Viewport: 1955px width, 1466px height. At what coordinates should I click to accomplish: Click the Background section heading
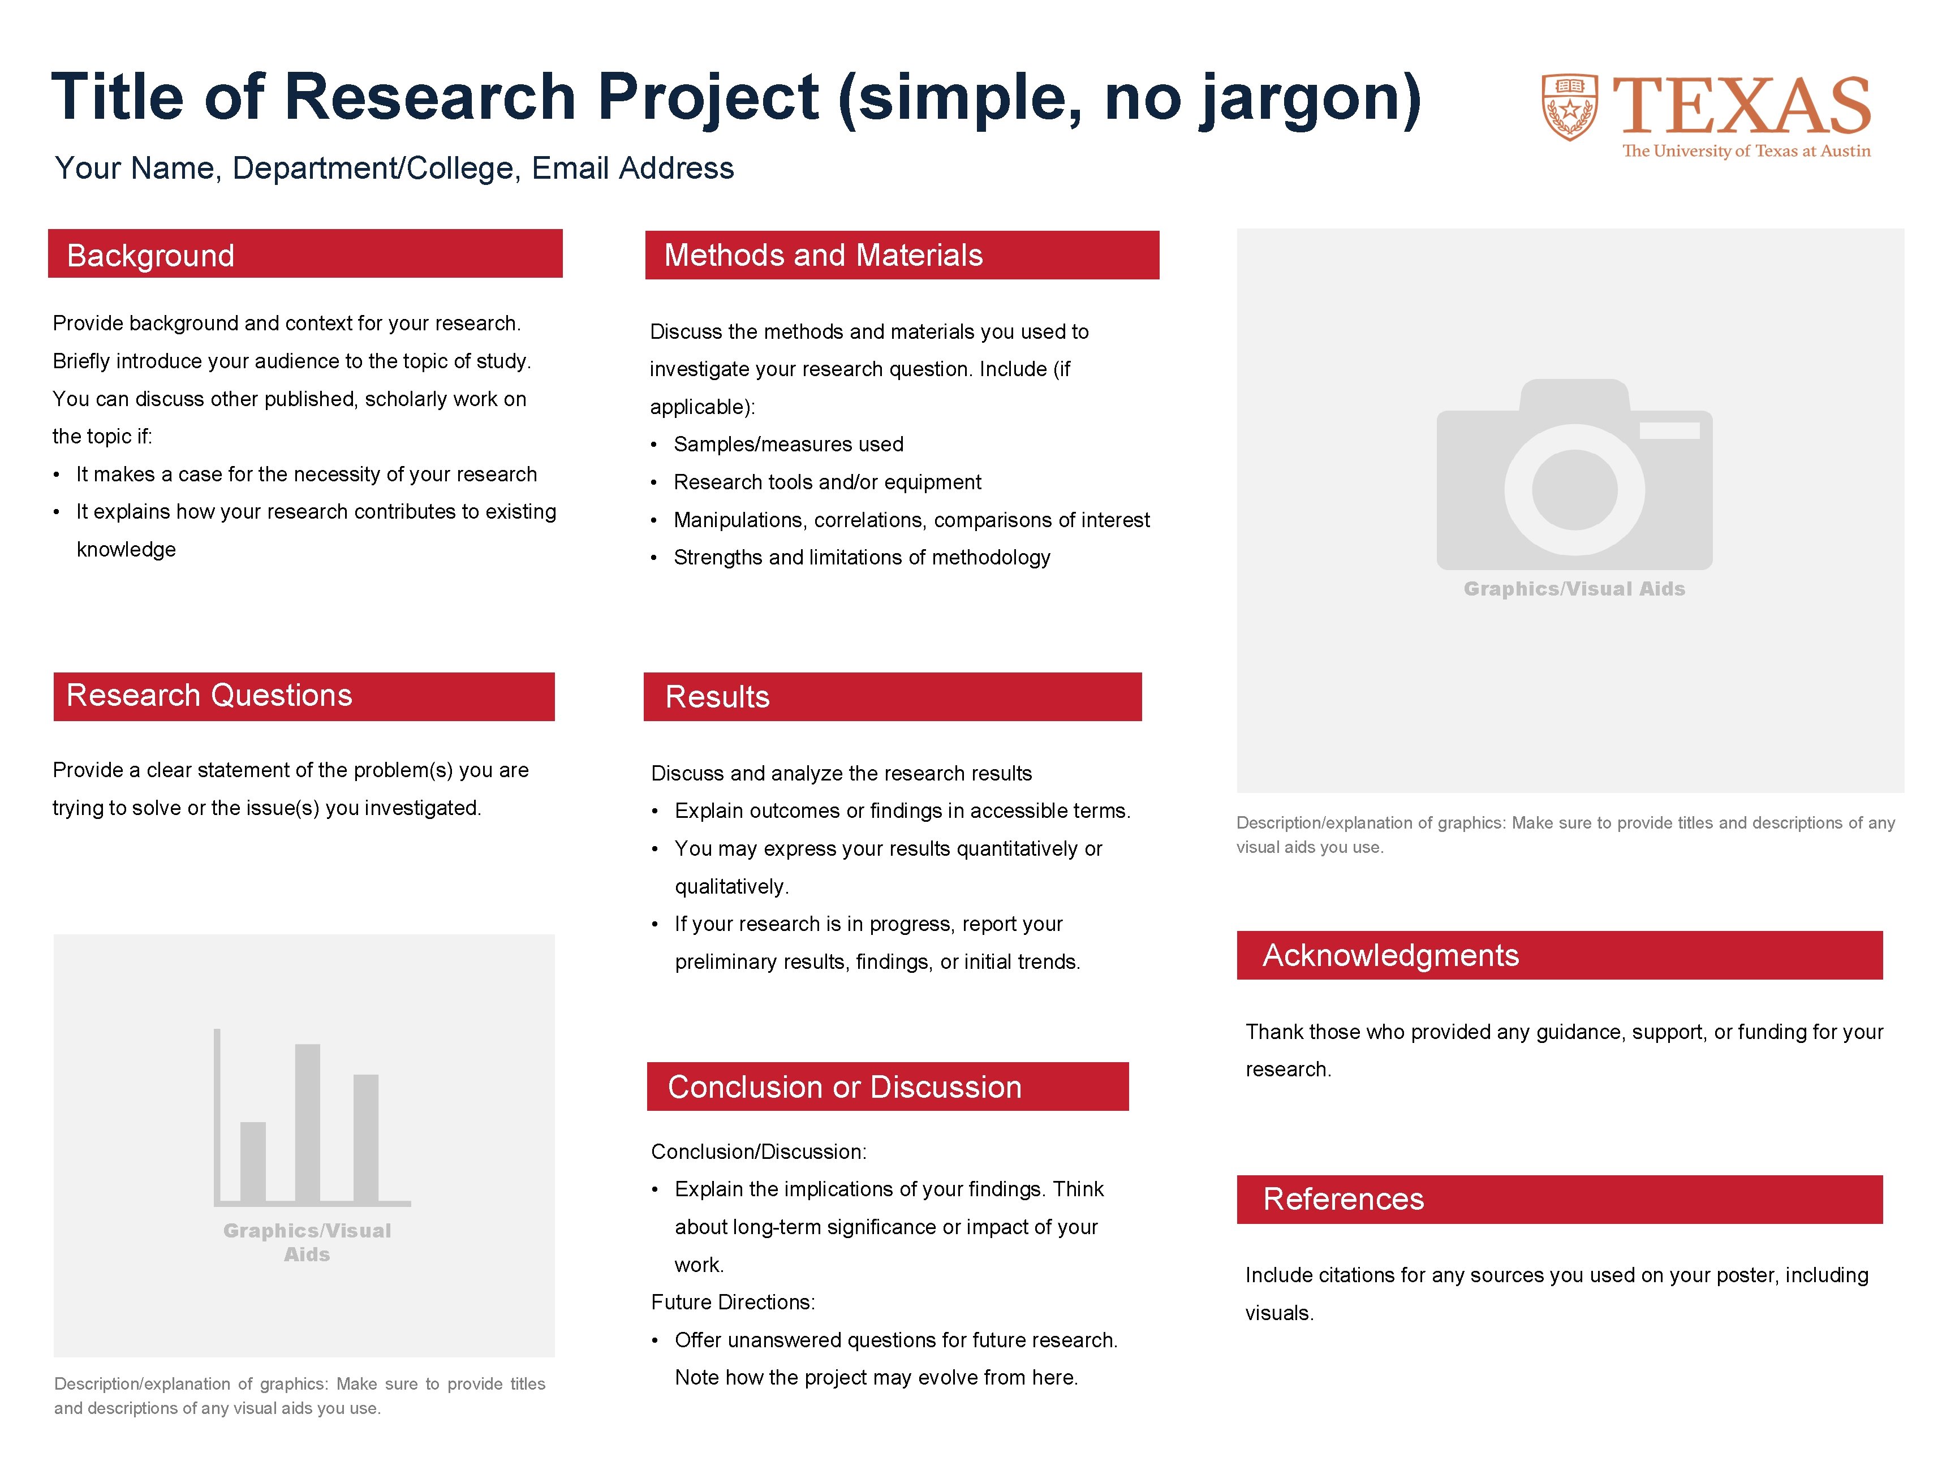point(151,256)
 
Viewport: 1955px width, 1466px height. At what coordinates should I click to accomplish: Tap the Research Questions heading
point(209,696)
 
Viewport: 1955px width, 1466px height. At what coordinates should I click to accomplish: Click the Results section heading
point(717,697)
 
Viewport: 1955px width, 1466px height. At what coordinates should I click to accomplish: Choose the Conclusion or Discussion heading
point(844,1087)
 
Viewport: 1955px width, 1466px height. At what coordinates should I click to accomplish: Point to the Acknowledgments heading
point(1390,955)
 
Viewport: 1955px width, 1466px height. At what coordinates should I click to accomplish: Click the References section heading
point(1343,1199)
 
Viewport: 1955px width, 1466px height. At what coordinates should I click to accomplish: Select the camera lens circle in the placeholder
point(1574,490)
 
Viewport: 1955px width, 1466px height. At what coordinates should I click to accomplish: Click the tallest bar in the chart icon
point(308,1122)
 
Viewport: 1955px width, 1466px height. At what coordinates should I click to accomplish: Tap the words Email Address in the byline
point(633,168)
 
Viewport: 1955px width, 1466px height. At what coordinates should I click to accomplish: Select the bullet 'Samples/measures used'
point(789,445)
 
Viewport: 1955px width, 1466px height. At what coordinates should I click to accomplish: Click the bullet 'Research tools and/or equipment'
point(827,482)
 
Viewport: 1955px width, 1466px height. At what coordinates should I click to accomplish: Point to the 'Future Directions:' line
point(733,1303)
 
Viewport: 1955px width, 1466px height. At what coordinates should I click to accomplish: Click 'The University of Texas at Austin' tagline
point(1746,151)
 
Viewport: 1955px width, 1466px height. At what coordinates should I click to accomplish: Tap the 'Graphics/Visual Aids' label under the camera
point(1574,589)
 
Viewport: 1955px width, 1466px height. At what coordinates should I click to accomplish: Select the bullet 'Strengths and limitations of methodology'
point(862,558)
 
